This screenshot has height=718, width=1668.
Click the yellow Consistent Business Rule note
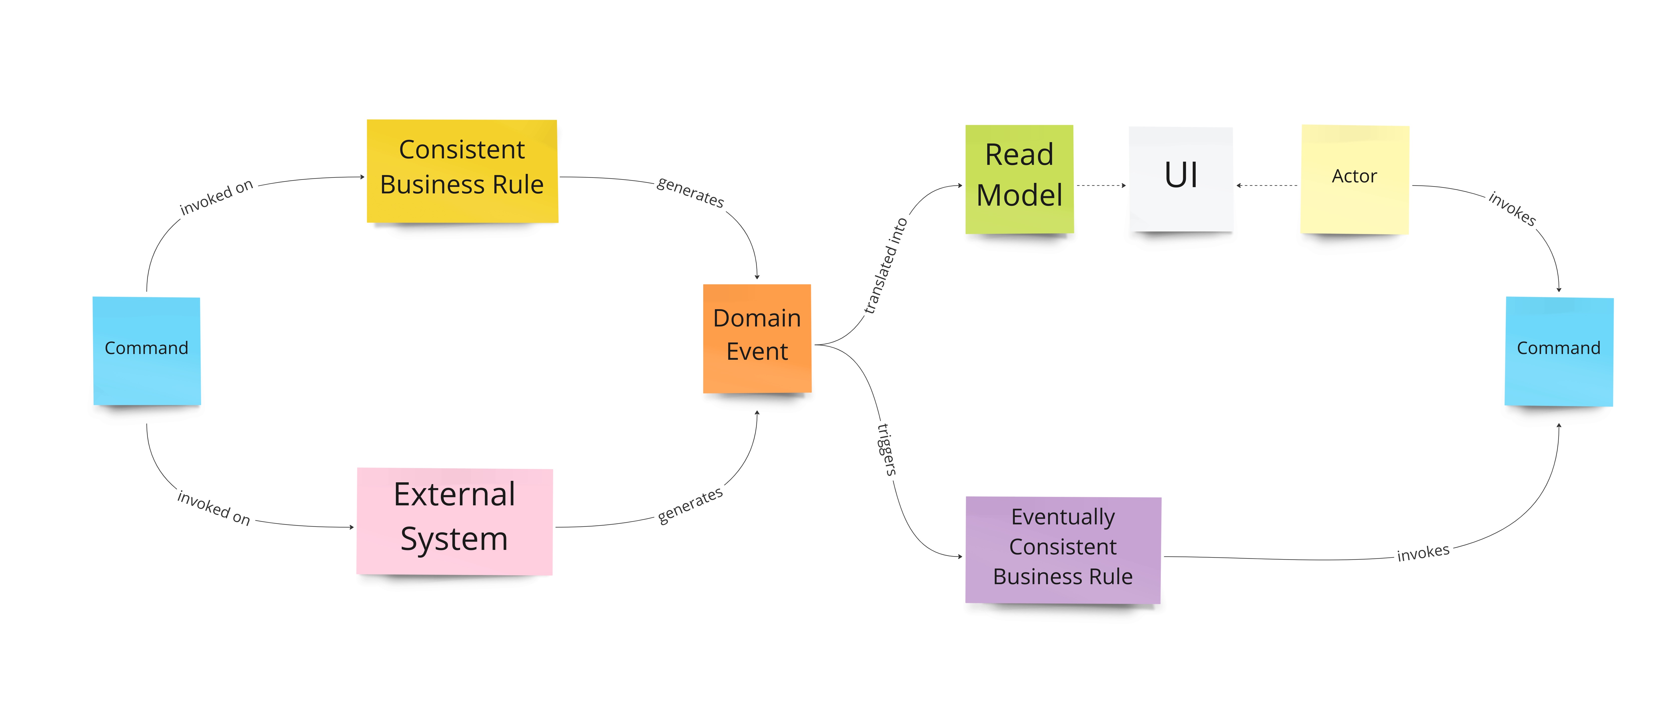click(x=462, y=171)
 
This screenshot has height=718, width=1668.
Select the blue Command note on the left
click(x=146, y=350)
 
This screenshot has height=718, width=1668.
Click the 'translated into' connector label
click(x=886, y=265)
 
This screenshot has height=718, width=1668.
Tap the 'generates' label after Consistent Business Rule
click(x=690, y=192)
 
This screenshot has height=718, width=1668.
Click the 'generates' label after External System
click(x=690, y=505)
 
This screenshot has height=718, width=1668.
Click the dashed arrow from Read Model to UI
click(x=1101, y=185)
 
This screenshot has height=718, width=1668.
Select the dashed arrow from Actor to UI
click(x=1267, y=185)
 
